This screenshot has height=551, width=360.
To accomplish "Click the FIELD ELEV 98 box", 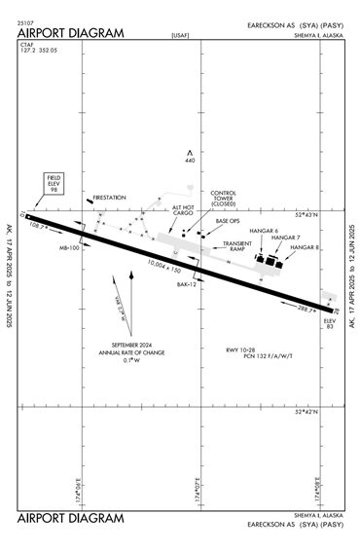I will [54, 184].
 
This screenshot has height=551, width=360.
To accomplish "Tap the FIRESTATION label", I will [110, 198].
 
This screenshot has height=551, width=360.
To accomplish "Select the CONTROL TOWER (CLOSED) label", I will [224, 199].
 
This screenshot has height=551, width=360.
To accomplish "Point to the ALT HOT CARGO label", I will [184, 211].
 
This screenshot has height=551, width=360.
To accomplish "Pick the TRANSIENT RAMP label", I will [237, 246].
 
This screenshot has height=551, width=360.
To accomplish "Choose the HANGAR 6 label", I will [264, 231].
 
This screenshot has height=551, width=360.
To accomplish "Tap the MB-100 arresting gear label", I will [69, 248].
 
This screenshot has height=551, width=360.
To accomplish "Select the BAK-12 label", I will [187, 284].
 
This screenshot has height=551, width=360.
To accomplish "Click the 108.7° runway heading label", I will [40, 225].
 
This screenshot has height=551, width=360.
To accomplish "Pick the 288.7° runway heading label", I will [307, 310].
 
